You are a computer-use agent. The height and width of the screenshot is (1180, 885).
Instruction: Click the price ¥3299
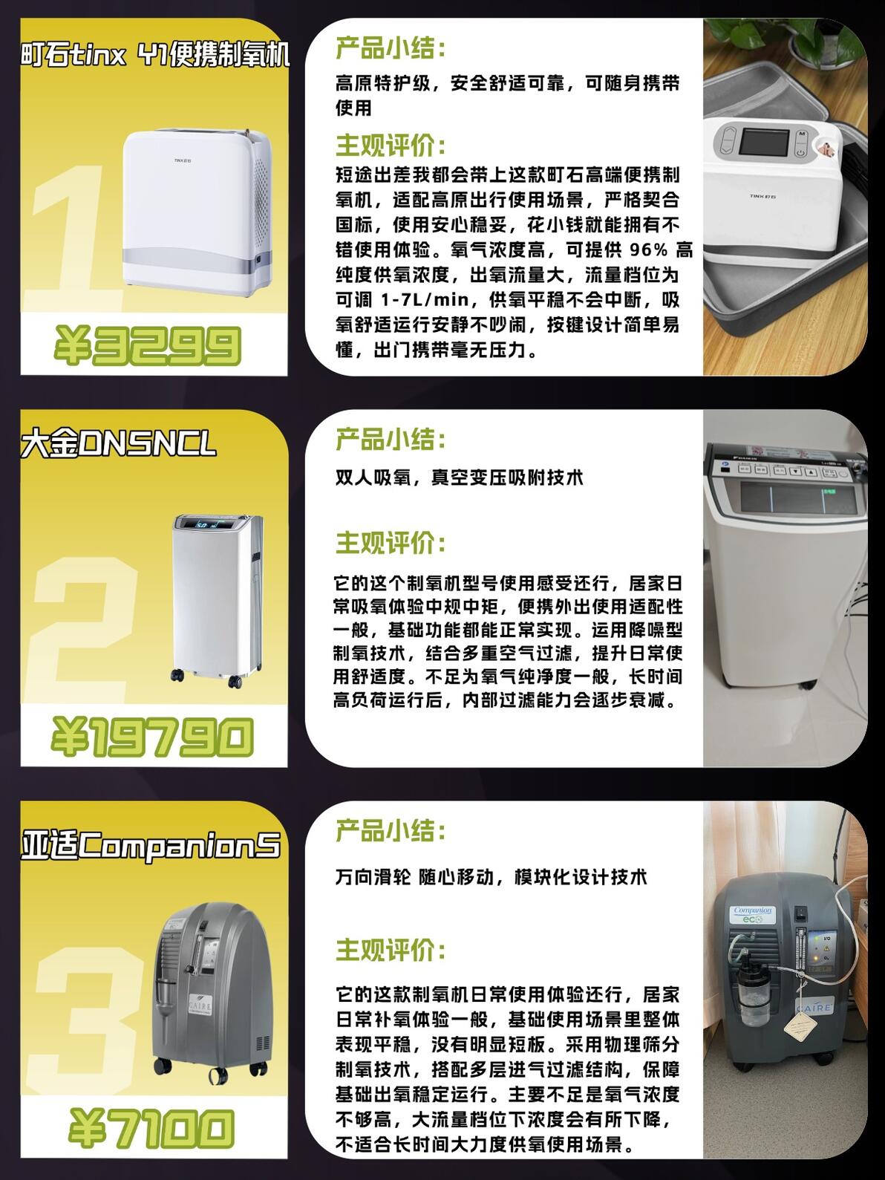click(147, 345)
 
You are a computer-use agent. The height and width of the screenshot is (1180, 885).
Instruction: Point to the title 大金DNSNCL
click(118, 444)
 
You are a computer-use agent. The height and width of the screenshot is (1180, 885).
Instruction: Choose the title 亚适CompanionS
click(151, 844)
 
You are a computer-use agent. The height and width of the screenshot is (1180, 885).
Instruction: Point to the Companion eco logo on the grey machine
click(752, 915)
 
